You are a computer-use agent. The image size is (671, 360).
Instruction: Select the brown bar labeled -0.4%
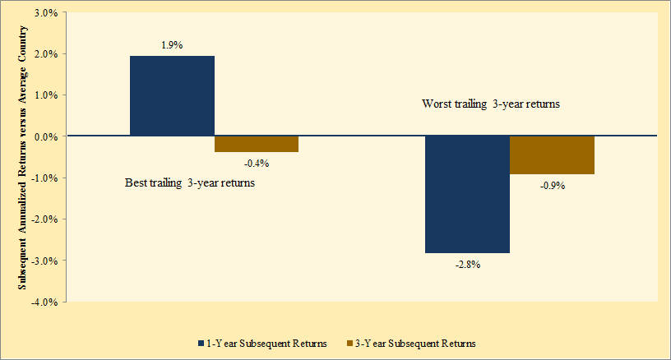coord(256,144)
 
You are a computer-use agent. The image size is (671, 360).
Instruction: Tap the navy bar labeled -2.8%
coord(467,194)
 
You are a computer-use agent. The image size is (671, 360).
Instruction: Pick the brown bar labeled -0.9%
coord(552,155)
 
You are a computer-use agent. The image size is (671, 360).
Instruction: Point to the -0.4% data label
coord(256,163)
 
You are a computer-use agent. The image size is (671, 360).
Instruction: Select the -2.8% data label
coord(467,265)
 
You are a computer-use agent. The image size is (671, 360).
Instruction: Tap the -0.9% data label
coord(552,186)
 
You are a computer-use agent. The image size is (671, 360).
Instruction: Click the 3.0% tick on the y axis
coord(44,13)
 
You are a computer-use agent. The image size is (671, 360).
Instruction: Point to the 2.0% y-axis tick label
coord(44,54)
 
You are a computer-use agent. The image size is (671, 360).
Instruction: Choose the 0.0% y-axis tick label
coord(44,136)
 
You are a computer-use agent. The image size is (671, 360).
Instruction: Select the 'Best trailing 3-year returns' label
coord(189,182)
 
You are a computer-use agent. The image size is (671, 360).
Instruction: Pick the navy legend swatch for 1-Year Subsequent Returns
coord(201,342)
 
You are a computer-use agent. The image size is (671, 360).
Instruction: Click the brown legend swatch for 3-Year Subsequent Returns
coord(349,342)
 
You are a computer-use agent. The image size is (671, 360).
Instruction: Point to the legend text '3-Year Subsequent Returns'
coord(417,343)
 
